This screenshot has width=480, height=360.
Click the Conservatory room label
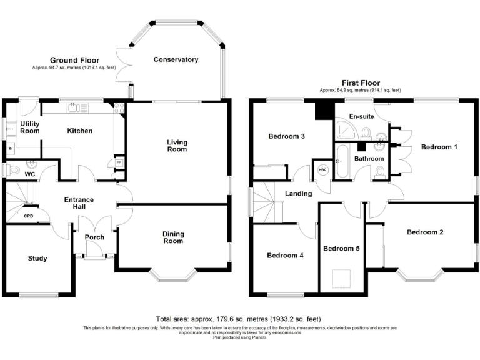coord(176,59)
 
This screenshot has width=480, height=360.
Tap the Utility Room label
coord(29,127)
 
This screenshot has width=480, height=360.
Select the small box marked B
coord(9,149)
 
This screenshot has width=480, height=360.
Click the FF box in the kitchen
coord(119,162)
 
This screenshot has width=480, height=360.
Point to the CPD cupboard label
coord(28,216)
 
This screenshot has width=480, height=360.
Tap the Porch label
coord(94,237)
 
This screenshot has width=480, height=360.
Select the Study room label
coord(37,258)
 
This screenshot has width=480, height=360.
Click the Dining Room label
coord(173,237)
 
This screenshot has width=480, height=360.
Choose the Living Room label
coord(177,146)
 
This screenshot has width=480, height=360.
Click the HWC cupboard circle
coord(323,170)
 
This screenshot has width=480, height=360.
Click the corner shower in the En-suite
coord(344,129)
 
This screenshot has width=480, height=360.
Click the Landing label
coord(298,194)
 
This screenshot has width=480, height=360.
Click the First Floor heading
coord(361,82)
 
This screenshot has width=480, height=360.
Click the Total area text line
coord(239,319)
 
